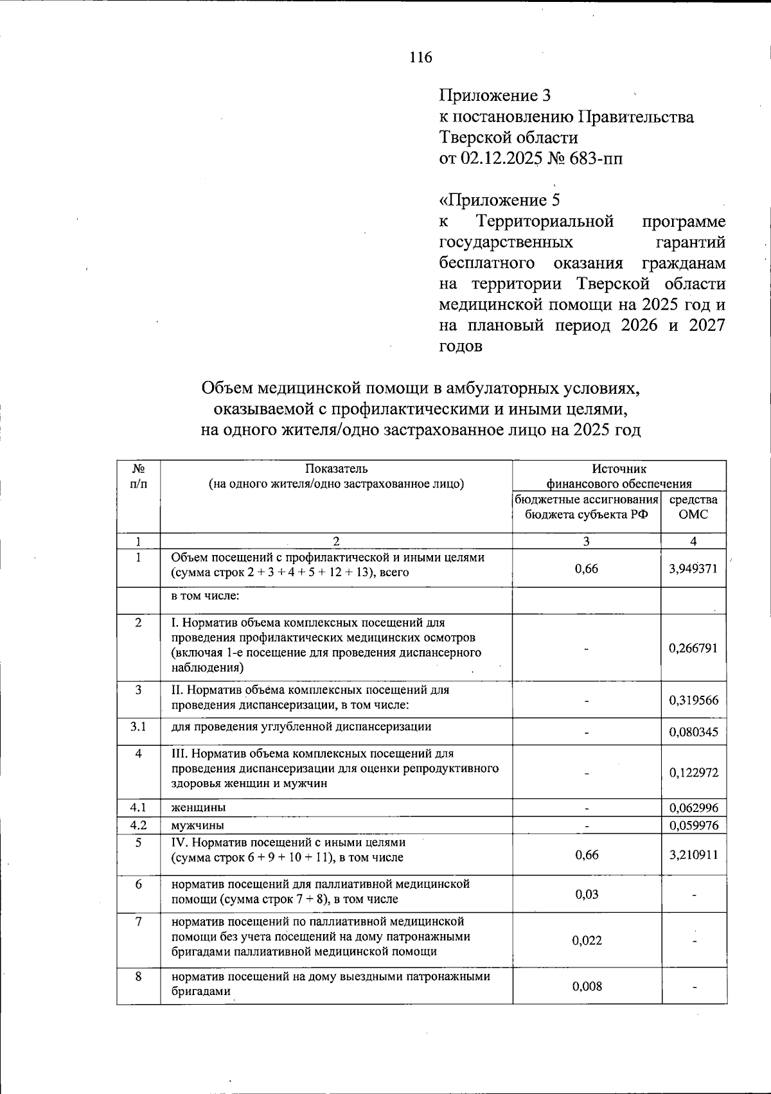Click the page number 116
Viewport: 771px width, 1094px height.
click(x=421, y=58)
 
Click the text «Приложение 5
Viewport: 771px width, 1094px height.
click(x=499, y=200)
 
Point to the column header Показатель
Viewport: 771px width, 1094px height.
click(x=336, y=469)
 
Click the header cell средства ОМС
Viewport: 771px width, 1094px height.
click(x=693, y=507)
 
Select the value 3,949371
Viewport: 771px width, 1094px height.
click(x=693, y=569)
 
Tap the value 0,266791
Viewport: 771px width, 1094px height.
click(x=693, y=648)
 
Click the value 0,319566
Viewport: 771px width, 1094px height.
click(x=693, y=700)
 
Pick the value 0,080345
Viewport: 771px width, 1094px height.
click(x=693, y=732)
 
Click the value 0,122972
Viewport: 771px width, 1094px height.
click(x=693, y=773)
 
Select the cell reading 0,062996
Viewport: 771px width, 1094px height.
click(x=693, y=808)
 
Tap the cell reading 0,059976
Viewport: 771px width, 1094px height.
click(x=693, y=825)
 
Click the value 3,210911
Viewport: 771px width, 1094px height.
click(x=693, y=855)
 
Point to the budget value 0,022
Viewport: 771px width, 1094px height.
click(x=587, y=940)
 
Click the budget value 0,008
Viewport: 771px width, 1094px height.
click(x=587, y=986)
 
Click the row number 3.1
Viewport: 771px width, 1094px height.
click(x=138, y=727)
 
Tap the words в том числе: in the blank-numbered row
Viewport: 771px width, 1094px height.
click(x=205, y=596)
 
